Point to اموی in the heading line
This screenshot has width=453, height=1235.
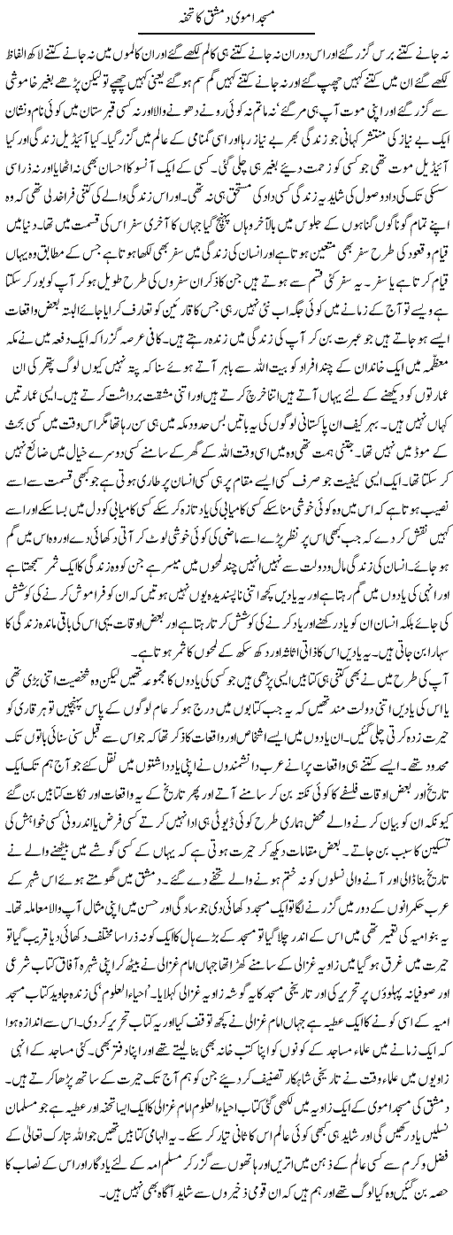[x=246, y=13]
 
